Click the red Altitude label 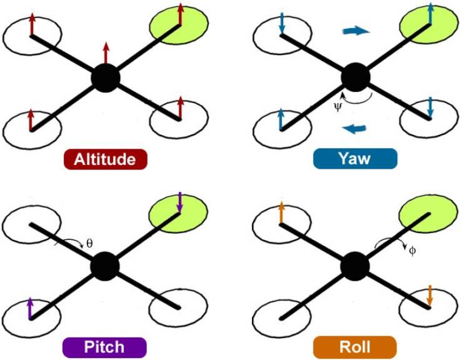tap(105, 159)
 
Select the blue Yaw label tap(354, 159)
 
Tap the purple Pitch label tap(104, 347)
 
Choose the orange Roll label tap(354, 347)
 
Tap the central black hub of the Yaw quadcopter tap(356, 78)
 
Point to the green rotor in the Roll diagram tap(428, 214)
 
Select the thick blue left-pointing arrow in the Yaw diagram tap(354, 129)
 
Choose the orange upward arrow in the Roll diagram tap(281, 212)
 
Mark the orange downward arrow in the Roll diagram tap(429, 295)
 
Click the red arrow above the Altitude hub tap(106, 53)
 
